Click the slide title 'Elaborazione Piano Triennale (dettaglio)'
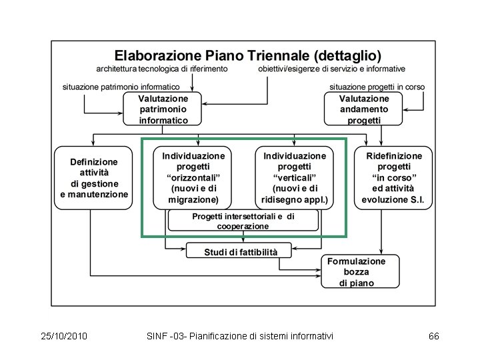248,55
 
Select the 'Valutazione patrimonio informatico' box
163,109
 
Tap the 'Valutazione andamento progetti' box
364,109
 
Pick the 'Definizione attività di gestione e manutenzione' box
94,178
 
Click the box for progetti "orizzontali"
193,177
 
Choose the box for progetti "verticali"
295,177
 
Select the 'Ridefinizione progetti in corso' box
393,177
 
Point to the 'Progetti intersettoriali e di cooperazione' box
243,221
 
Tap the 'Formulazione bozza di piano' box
361,272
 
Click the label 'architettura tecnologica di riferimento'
162,69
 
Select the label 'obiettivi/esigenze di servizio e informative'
331,69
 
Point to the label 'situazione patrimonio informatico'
121,87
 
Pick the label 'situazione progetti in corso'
377,87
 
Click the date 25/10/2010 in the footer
64,336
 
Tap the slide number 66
433,336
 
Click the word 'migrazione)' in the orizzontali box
194,199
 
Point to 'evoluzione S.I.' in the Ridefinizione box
393,199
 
